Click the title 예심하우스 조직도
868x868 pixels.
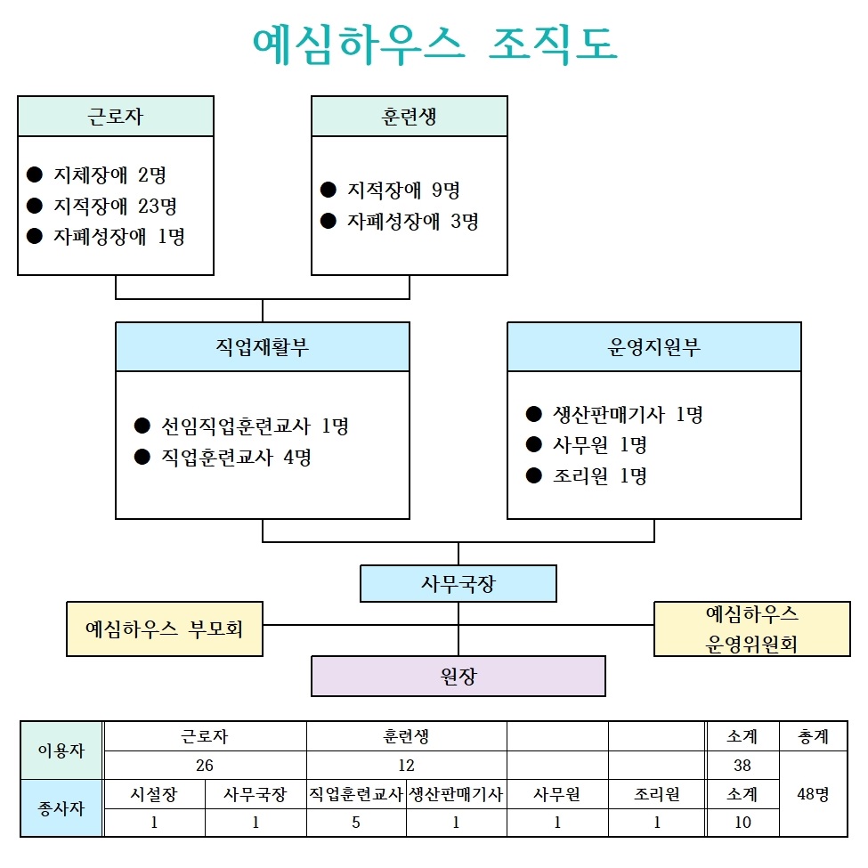click(x=434, y=45)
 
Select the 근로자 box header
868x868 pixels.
click(x=116, y=117)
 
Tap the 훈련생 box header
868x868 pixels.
click(x=410, y=117)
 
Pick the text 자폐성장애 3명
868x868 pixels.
click(x=413, y=221)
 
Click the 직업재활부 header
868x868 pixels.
click(x=263, y=347)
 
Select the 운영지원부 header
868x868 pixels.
click(x=654, y=347)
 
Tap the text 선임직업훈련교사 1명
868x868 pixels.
click(x=255, y=426)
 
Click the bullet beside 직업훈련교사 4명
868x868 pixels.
click(x=142, y=458)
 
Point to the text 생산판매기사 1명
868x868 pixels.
click(x=628, y=414)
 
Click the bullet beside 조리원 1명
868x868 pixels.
click(x=534, y=475)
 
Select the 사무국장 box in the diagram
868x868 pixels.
click(x=458, y=584)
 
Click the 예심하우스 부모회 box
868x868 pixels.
click(x=165, y=629)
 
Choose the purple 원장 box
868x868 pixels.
click(x=458, y=677)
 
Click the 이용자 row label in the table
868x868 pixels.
click(x=61, y=750)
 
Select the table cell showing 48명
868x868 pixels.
click(x=813, y=794)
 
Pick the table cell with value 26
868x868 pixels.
click(x=206, y=765)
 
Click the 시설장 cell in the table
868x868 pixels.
click(x=154, y=795)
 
